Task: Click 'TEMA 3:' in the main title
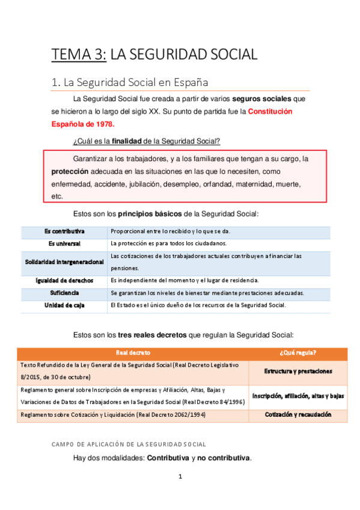tap(79, 55)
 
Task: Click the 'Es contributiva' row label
tap(64, 232)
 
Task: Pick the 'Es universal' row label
tap(64, 244)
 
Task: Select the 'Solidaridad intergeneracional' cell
tap(64, 262)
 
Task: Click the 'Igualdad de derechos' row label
tap(64, 280)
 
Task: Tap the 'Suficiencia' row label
tap(64, 293)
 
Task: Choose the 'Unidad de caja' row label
tap(64, 306)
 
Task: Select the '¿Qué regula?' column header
tap(298, 352)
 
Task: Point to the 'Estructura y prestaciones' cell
tap(298, 371)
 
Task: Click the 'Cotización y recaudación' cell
tap(298, 415)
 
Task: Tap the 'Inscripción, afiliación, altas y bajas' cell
tap(298, 396)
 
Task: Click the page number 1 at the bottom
tap(180, 477)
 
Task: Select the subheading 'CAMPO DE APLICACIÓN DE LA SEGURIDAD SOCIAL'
tap(129, 444)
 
